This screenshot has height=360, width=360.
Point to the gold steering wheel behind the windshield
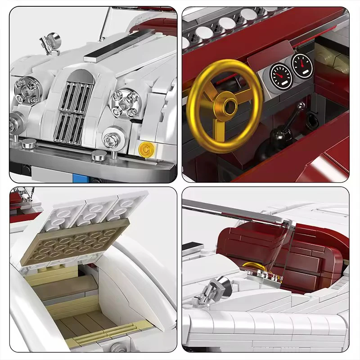point(253,266)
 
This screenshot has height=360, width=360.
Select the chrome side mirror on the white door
point(211,288)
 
